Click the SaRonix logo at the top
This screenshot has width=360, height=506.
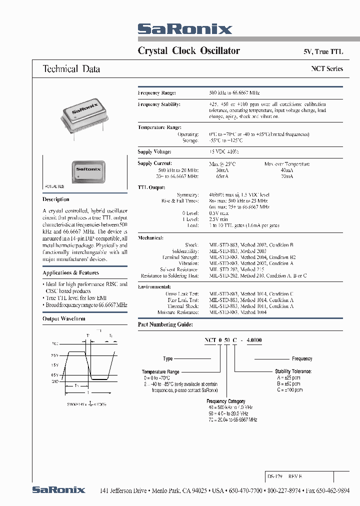click(184, 29)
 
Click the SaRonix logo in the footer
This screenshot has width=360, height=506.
click(58, 490)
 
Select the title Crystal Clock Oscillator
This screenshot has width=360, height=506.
click(188, 50)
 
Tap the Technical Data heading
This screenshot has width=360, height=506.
click(71, 69)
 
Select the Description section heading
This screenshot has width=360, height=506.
click(56, 199)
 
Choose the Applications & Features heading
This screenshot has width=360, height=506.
click(70, 272)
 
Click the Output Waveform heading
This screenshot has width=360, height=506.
click(64, 318)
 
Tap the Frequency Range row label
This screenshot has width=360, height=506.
click(157, 93)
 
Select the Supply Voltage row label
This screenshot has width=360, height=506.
click(154, 151)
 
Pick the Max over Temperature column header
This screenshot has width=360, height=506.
click(286, 164)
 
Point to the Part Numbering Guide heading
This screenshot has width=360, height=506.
click(167, 324)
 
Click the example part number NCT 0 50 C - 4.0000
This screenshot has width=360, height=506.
click(232, 340)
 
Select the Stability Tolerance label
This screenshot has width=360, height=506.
click(293, 371)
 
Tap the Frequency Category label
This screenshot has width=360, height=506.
click(225, 401)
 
